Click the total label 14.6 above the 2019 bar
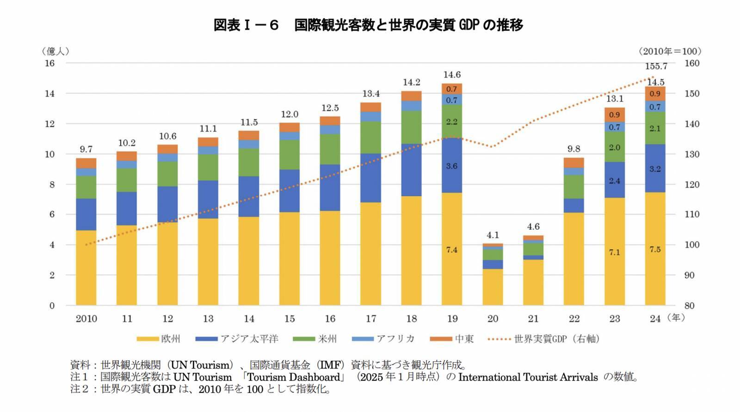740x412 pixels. point(452,75)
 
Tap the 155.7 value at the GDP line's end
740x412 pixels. point(656,67)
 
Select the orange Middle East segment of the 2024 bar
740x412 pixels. point(655,94)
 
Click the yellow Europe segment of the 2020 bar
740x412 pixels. point(493,287)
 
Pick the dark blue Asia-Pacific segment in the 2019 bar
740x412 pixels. point(452,165)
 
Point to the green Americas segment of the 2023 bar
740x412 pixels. point(614,147)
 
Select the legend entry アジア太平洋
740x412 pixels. point(237,339)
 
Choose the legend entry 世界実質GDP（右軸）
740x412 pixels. point(544,339)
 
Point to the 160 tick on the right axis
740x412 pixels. point(692,63)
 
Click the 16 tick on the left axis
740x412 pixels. point(49,63)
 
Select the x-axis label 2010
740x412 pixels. point(86,319)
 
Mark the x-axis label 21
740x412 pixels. point(533,319)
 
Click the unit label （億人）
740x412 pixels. point(55,51)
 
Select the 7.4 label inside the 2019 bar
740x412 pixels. point(452,250)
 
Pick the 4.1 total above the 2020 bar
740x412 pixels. point(493,235)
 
